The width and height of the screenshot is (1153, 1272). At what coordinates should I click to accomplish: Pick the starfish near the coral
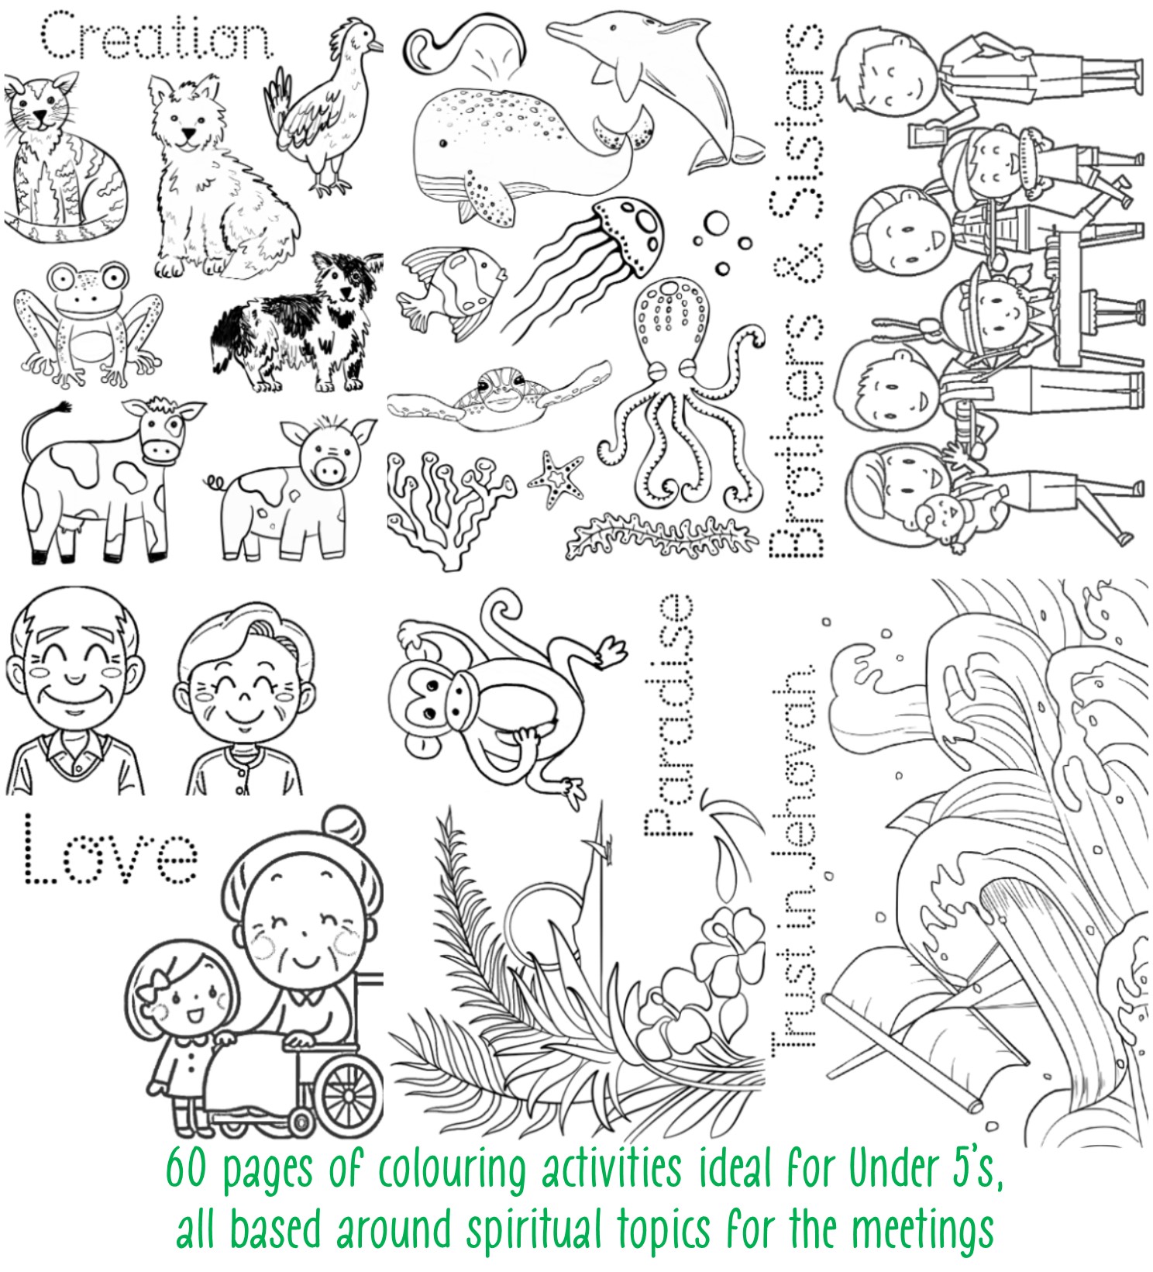coord(556,481)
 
